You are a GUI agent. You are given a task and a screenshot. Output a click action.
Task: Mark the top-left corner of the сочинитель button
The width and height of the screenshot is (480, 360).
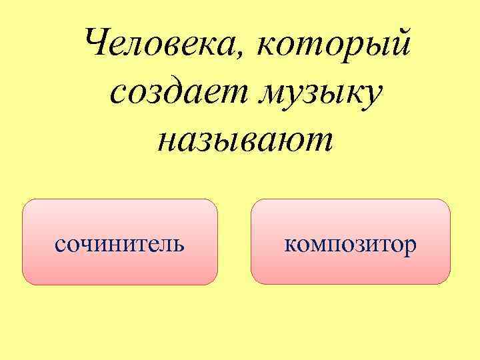(24, 201)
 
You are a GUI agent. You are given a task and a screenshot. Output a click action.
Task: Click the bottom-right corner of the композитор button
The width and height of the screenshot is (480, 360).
(449, 283)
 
